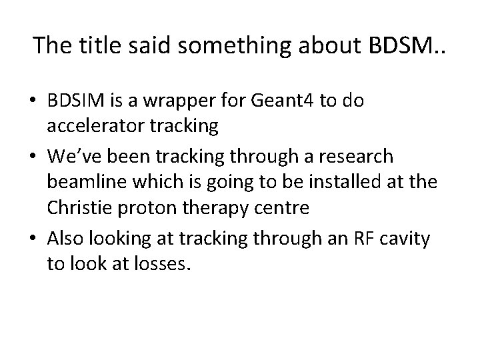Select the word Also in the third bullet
[66, 237]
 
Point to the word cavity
[406, 237]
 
